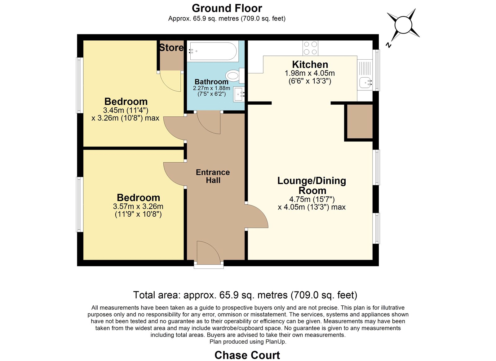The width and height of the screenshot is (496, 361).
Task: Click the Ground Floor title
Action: pyautogui.click(x=227, y=8)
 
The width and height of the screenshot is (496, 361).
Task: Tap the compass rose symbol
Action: pyautogui.click(x=403, y=25)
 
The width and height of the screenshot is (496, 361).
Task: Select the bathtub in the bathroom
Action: pyautogui.click(x=213, y=51)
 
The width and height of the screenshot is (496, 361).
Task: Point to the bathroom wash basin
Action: pyautogui.click(x=239, y=95)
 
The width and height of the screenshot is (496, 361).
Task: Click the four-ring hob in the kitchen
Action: pyautogui.click(x=310, y=48)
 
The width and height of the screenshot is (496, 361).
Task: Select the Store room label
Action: pyautogui.click(x=171, y=48)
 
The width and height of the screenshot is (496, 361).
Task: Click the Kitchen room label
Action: pyautogui.click(x=310, y=65)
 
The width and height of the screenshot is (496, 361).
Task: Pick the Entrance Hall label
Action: pyautogui.click(x=213, y=176)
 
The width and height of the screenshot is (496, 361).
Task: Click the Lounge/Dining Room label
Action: pyautogui.click(x=312, y=186)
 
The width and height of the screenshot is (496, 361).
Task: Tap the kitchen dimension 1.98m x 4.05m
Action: pyautogui.click(x=310, y=73)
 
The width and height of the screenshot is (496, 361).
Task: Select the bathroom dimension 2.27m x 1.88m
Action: pyautogui.click(x=211, y=88)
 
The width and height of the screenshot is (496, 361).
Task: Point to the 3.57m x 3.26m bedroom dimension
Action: pyautogui.click(x=138, y=206)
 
